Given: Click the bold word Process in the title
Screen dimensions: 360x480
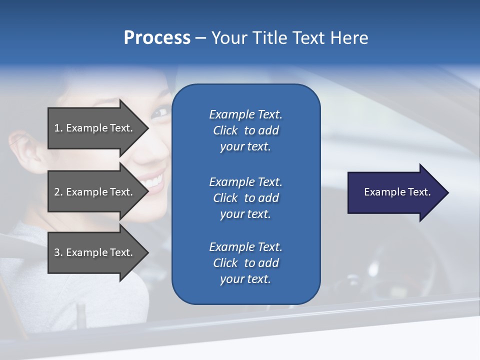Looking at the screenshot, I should coord(157,38).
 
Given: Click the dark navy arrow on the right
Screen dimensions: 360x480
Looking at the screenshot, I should coord(395,192).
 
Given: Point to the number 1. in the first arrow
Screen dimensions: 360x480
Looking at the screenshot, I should coord(58,128).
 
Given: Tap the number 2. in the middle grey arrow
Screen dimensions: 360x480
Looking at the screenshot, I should coord(58,192).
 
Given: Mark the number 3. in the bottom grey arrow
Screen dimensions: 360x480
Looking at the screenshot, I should coord(58,252).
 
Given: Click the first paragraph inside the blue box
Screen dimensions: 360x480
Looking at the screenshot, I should coord(245,130).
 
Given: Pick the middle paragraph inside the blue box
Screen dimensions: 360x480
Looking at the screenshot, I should coord(245,198).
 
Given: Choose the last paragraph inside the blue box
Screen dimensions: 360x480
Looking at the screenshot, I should coord(245,263).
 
